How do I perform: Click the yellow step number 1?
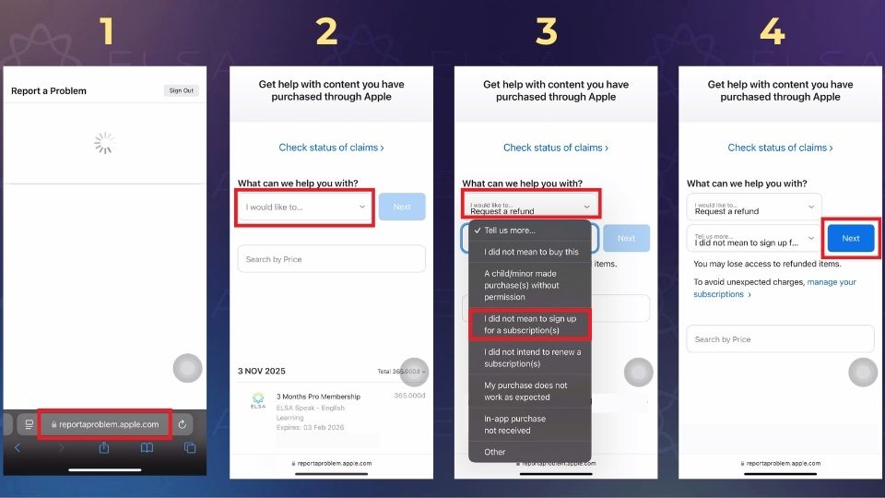pos(108,32)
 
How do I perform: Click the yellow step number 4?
pos(772,32)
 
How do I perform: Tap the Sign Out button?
pos(182,90)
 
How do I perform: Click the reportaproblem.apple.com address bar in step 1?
pos(104,424)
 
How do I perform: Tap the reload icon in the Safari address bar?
pos(183,424)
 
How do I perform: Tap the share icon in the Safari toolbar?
pos(104,448)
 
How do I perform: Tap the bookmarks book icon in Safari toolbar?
pos(147,448)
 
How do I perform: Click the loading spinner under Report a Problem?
pos(104,142)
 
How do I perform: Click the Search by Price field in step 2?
pos(331,259)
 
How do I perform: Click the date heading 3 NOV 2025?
pos(262,371)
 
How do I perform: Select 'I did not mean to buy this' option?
pos(531,252)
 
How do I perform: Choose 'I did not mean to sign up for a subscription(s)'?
pos(530,324)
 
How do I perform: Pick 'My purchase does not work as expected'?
pos(525,391)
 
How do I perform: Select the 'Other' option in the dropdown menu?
pos(495,452)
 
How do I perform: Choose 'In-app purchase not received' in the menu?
pos(515,424)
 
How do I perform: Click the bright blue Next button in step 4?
pos(850,238)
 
